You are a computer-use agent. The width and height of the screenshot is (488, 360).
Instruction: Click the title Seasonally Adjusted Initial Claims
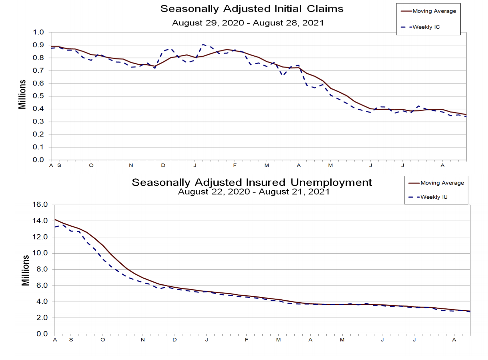click(252, 9)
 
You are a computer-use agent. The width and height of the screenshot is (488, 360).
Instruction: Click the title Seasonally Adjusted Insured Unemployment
click(252, 182)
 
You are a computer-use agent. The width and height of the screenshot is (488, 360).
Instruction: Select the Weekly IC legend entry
click(426, 27)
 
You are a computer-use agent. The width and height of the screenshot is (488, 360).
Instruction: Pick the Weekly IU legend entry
click(434, 197)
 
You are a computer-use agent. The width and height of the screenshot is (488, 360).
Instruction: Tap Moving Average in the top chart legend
click(434, 11)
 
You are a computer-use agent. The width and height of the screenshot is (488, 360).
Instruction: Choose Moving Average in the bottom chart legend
click(442, 183)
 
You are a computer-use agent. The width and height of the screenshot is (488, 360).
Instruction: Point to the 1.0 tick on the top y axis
click(38, 32)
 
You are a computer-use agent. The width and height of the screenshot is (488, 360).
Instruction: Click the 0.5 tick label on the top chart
click(38, 96)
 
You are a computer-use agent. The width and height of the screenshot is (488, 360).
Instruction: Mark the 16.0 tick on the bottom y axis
click(40, 205)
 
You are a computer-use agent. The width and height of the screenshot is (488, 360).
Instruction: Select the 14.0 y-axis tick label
click(40, 221)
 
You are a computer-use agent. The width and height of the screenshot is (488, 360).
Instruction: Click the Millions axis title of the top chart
click(23, 94)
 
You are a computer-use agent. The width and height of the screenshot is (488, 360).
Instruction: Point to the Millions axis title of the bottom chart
click(25, 270)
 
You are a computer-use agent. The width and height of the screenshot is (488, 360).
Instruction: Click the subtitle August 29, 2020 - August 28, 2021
click(248, 23)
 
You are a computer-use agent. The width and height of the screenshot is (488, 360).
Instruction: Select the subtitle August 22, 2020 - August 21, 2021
click(254, 192)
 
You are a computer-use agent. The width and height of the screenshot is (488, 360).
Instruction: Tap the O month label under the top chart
click(91, 165)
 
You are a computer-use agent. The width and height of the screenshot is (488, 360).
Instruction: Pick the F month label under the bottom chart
click(246, 340)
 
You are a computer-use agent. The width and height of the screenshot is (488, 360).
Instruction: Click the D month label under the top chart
click(163, 165)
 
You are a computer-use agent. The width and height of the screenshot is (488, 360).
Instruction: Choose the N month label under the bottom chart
click(143, 340)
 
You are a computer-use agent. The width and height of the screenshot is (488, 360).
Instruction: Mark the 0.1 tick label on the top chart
click(38, 147)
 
